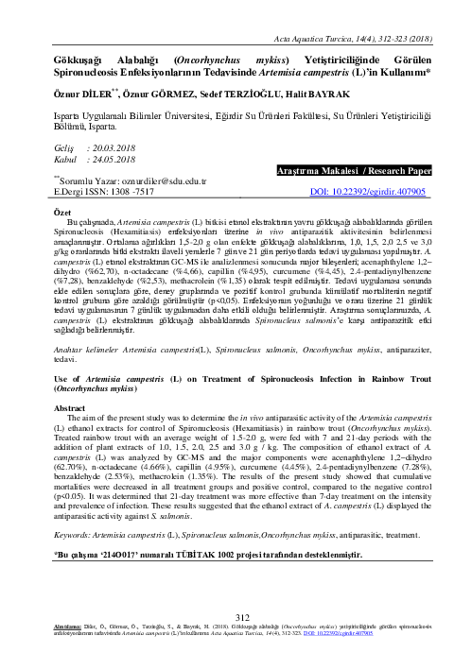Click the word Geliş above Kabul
click(63, 148)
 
